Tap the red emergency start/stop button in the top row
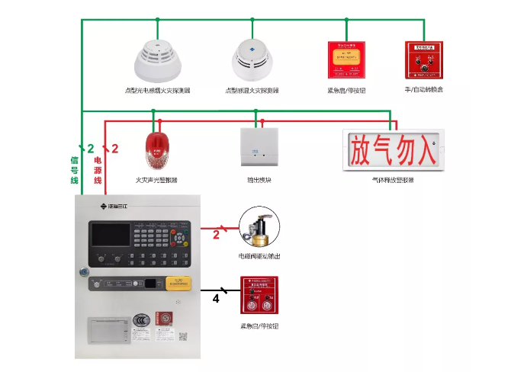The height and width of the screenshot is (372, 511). pos(347,59)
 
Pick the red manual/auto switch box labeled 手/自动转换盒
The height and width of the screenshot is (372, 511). pos(423,59)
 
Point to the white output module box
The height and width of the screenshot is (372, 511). pos(259,147)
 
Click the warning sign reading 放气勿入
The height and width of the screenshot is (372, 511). pos(393,149)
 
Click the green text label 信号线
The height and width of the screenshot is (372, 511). pos(75,170)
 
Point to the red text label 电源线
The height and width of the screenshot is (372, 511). pos(98,170)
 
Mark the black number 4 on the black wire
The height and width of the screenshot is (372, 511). pos(216,300)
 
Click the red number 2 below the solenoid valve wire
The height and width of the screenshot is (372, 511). pos(216,236)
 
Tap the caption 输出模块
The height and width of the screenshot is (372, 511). pos(259,180)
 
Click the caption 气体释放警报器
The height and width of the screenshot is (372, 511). pos(393,179)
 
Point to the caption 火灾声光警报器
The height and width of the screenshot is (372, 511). pos(156,180)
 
